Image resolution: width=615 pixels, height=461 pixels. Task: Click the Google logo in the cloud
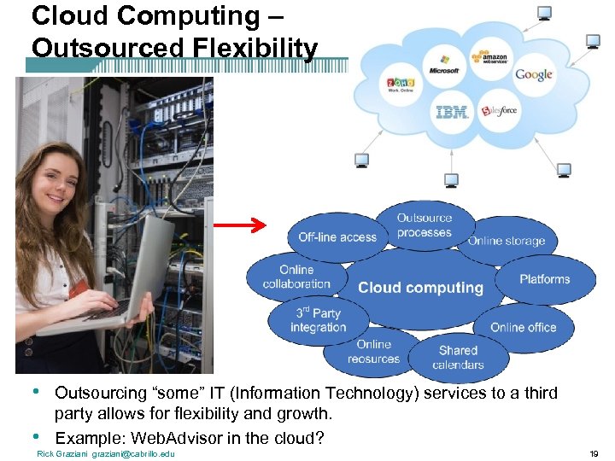(x=533, y=74)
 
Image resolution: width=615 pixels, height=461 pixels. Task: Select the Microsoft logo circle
(x=444, y=65)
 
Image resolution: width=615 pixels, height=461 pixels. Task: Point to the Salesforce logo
(x=498, y=110)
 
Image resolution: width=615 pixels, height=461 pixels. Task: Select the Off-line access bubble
(x=337, y=237)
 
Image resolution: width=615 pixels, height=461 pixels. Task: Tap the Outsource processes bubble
(x=425, y=225)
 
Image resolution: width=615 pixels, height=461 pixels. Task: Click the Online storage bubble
(x=507, y=241)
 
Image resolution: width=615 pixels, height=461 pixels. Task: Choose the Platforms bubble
(x=545, y=279)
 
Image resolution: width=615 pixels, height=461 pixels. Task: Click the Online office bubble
(x=523, y=327)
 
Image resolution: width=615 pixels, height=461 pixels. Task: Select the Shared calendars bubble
(x=458, y=357)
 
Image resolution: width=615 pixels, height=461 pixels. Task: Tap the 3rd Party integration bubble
(x=318, y=320)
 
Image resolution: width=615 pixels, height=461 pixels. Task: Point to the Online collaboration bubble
(x=296, y=277)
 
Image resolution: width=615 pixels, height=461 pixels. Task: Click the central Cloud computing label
(x=420, y=288)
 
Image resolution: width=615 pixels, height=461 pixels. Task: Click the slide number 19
(x=594, y=453)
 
